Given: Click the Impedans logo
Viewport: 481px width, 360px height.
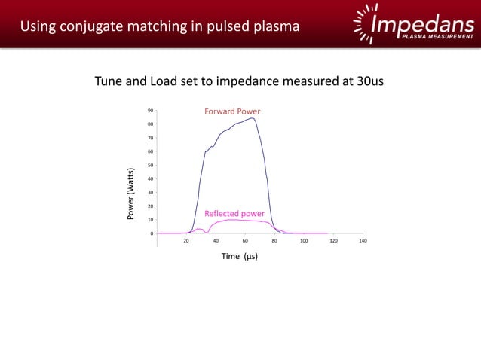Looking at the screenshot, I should point(414,24).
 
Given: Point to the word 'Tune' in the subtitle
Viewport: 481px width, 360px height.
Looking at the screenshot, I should point(109,81).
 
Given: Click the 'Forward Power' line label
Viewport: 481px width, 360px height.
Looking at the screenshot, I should point(232,111).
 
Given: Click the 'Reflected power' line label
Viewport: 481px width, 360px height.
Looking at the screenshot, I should point(234,213).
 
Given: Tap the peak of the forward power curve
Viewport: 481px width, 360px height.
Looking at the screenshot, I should point(253,118).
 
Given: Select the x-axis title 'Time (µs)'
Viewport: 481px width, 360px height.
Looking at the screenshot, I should point(240,256).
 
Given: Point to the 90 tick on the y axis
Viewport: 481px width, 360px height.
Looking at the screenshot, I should point(151,111).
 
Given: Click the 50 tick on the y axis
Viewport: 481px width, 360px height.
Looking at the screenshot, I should point(151,165).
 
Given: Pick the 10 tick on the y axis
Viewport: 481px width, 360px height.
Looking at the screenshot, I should point(151,220).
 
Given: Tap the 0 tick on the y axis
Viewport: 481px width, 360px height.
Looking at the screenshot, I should point(152,233).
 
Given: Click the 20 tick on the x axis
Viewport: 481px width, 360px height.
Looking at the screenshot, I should point(186,241).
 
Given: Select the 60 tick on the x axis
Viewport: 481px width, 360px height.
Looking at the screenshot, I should point(245,241).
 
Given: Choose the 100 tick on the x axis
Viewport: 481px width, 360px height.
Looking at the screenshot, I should point(304,241).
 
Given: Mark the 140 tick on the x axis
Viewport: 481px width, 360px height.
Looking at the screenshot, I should point(363,241).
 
